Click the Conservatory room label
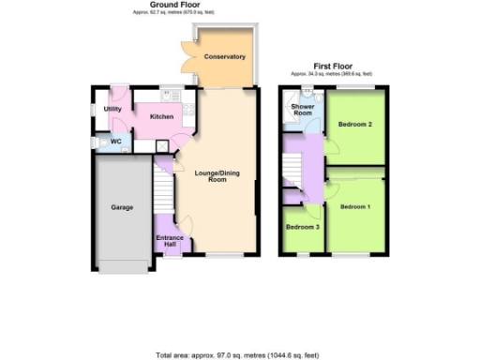224,57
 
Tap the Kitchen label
162,116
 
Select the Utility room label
112,109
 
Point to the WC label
116,142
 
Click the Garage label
122,206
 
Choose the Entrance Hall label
169,241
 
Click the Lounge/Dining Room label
217,175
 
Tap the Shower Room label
302,110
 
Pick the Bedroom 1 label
355,205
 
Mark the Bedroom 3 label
301,228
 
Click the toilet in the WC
98,142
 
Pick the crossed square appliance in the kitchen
162,145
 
